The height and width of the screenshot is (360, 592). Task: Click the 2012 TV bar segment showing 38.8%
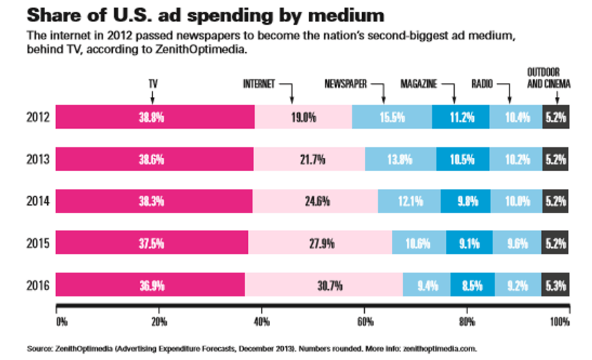154,117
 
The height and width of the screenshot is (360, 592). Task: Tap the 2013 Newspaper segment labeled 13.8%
400,159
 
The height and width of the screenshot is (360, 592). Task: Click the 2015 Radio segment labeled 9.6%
517,243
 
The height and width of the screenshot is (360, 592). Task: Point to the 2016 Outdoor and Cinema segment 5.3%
556,285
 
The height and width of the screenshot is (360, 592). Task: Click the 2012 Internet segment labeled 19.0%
303,117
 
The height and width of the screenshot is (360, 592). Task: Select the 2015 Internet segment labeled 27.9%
319,243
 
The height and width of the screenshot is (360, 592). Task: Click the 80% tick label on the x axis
467,321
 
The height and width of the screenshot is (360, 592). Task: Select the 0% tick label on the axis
61,321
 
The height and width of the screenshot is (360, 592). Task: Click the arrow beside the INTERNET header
290,91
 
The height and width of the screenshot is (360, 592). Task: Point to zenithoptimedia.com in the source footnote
438,348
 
